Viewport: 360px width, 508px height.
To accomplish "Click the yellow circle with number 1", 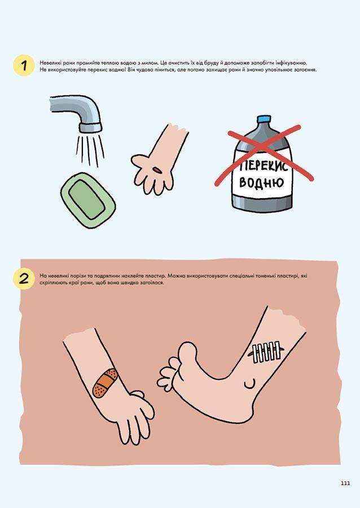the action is pyautogui.click(x=24, y=66).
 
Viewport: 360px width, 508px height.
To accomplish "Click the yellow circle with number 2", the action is pyautogui.click(x=24, y=279).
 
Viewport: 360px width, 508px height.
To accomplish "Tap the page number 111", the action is pyautogui.click(x=345, y=483).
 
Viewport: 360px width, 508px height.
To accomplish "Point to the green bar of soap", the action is pyautogui.click(x=87, y=200).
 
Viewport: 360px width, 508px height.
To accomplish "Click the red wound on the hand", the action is pyautogui.click(x=157, y=169).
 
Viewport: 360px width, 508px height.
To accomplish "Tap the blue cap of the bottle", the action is pyautogui.click(x=264, y=119).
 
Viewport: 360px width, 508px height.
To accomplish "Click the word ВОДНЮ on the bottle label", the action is pyautogui.click(x=261, y=183).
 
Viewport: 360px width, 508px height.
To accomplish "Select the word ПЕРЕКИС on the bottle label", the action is pyautogui.click(x=264, y=165).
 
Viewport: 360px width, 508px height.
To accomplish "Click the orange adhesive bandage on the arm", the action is pyautogui.click(x=105, y=383).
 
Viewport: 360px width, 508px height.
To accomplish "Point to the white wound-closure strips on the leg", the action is pyautogui.click(x=267, y=351).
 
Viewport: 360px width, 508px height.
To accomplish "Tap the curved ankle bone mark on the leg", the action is pyautogui.click(x=251, y=384).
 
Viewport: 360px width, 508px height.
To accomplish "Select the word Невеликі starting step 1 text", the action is pyautogui.click(x=50, y=63).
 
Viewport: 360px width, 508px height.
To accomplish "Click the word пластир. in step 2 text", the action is pyautogui.click(x=157, y=276).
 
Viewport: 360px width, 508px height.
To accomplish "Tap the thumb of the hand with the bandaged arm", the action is pyautogui.click(x=137, y=394).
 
